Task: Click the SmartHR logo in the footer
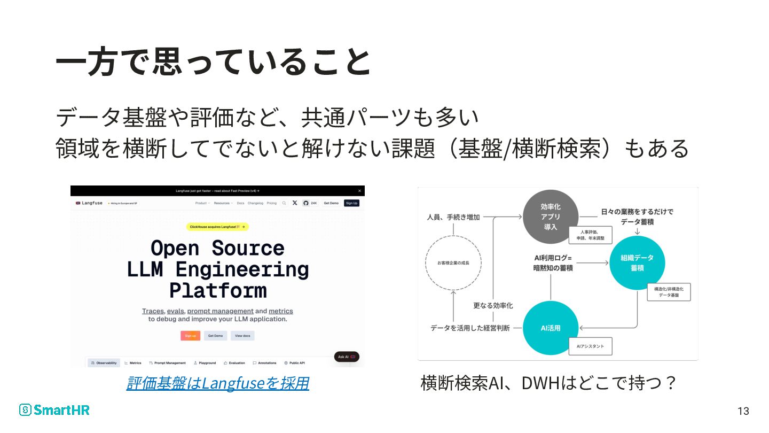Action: coord(54,410)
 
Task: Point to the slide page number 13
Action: coord(743,411)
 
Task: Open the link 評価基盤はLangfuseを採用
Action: coord(217,383)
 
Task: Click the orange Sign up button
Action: coord(190,336)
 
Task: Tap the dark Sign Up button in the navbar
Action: coord(351,203)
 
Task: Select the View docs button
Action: coord(242,336)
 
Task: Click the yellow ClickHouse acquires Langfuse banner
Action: coord(217,227)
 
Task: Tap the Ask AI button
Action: coord(347,357)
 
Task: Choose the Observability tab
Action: coord(104,363)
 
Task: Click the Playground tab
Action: coord(205,363)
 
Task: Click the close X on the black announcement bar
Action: coord(359,191)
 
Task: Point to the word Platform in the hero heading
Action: coord(218,290)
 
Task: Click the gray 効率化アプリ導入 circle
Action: coord(550,216)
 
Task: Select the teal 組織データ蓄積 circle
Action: coord(637,263)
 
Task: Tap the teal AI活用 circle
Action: coord(550,328)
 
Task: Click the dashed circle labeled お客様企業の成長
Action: coord(453,263)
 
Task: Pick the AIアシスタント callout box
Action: coord(590,346)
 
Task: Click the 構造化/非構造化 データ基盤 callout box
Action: coord(669,292)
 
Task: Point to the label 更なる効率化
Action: coord(493,306)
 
